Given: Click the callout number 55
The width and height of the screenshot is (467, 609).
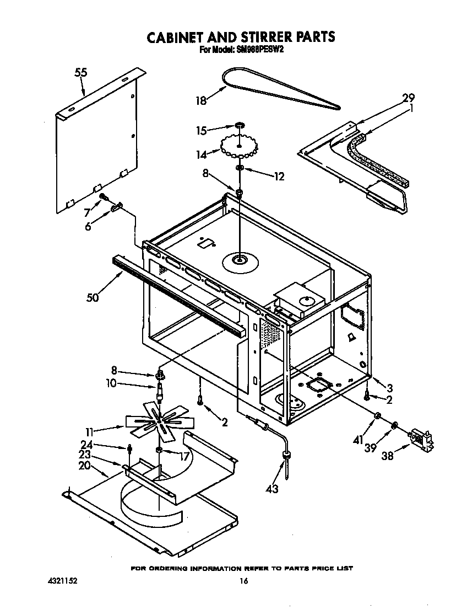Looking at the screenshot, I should click(x=81, y=72).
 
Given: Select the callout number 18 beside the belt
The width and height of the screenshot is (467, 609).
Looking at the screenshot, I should click(x=201, y=100).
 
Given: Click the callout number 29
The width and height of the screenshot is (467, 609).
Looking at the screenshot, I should click(x=408, y=98).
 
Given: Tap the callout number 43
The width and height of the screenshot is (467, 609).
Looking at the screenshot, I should click(x=271, y=488).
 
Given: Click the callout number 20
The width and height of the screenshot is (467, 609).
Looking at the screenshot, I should click(x=84, y=466).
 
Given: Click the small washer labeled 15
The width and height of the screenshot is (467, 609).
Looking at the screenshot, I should click(x=240, y=127).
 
